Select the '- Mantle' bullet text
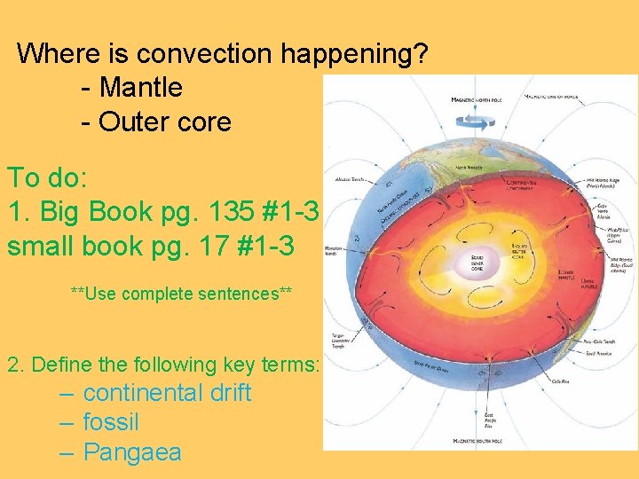131,87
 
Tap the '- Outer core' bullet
155,121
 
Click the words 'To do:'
48,178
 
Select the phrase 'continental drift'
167,393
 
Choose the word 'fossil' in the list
111,422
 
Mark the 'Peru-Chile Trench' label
577,341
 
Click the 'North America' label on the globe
471,168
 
